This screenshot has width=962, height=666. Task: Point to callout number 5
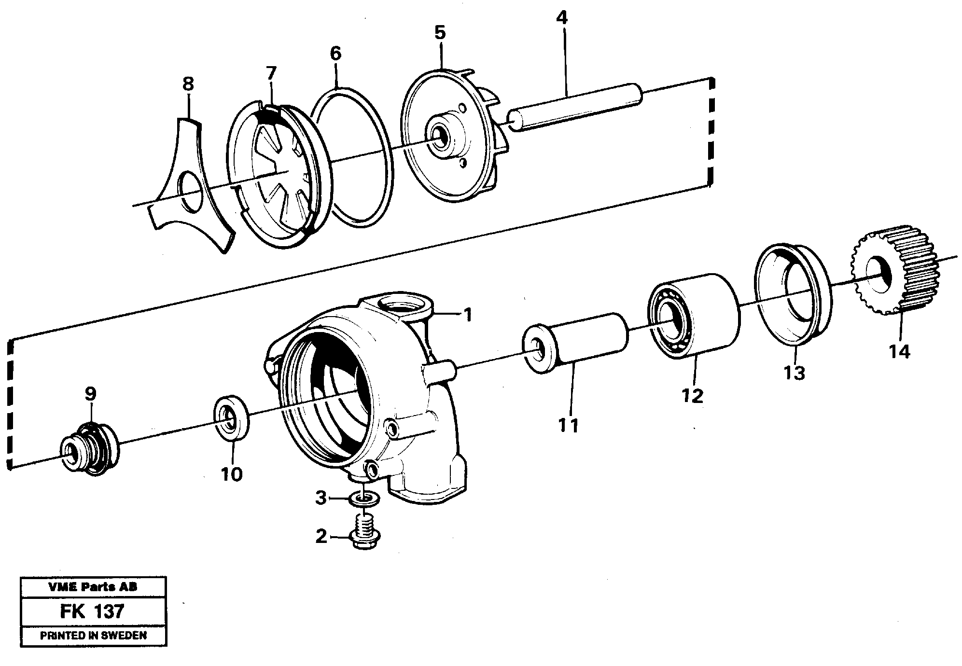(x=440, y=33)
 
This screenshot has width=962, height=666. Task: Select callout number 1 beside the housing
(x=467, y=316)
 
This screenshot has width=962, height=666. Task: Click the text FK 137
(x=92, y=611)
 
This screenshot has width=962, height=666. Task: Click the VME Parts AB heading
(x=93, y=587)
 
